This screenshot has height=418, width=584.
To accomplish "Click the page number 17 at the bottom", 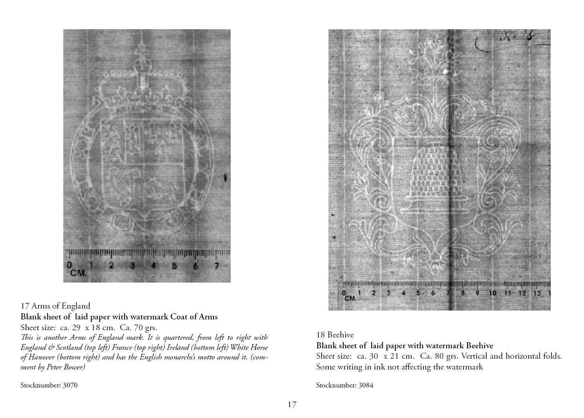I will (x=292, y=405).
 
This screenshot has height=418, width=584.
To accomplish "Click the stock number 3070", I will (x=49, y=386).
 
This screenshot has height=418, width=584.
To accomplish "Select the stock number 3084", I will (x=344, y=386).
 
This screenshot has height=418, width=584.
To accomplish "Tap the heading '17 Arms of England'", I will (x=55, y=307).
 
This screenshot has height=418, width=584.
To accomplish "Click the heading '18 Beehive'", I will (x=335, y=335).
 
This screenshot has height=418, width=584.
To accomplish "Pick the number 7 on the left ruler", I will (x=216, y=266).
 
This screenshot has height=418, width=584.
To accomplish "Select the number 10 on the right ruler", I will (x=492, y=293).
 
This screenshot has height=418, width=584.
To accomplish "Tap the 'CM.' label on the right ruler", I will (x=350, y=298).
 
